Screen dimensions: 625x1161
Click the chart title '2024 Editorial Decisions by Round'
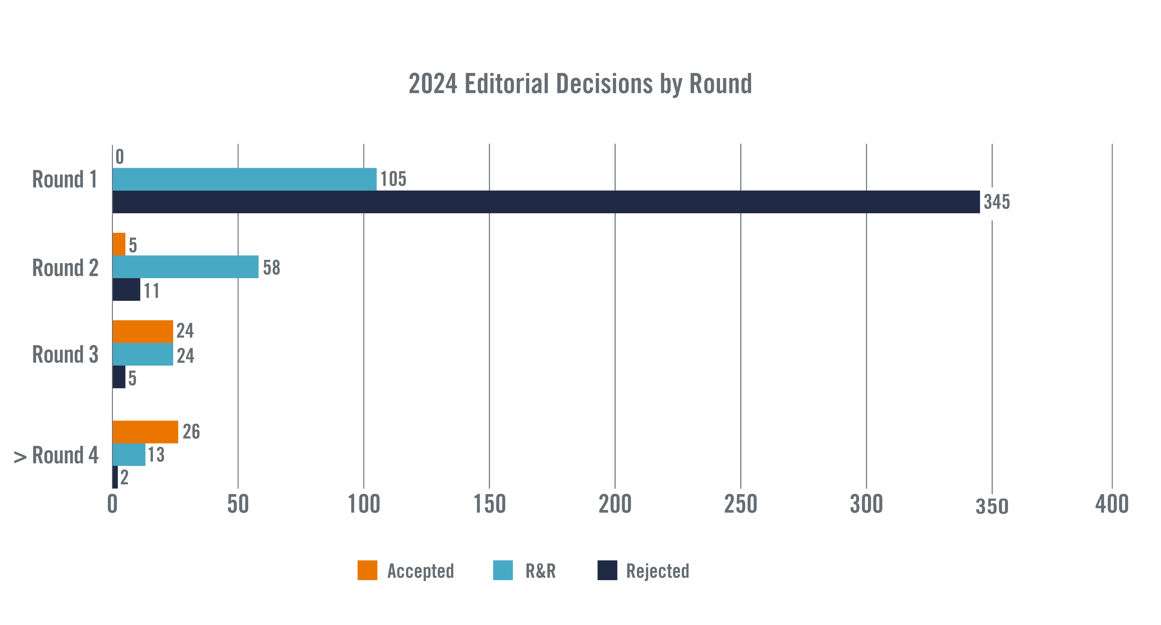click(x=580, y=84)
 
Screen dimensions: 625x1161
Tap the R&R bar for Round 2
click(x=185, y=267)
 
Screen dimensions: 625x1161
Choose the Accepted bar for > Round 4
click(x=145, y=432)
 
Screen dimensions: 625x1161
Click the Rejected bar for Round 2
click(x=126, y=289)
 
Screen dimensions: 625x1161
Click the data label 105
click(x=393, y=179)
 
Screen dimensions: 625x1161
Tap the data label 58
click(x=271, y=267)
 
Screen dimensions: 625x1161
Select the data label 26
click(x=191, y=432)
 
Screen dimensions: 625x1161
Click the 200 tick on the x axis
click(x=615, y=504)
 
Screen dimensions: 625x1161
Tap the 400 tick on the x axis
click(x=1112, y=504)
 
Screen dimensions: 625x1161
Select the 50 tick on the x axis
click(x=238, y=504)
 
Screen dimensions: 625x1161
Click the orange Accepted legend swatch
click(x=367, y=570)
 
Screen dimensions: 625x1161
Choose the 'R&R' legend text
click(x=540, y=571)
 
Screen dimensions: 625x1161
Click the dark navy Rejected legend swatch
click(x=607, y=570)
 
